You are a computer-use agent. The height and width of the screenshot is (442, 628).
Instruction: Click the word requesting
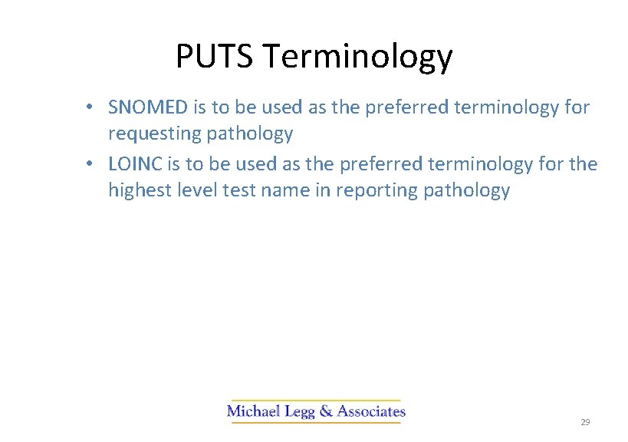[154, 134]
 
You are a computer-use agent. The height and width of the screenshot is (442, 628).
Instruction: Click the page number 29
[585, 423]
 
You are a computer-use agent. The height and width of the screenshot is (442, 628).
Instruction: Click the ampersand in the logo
[325, 411]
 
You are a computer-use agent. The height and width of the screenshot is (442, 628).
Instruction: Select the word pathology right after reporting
[467, 191]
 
